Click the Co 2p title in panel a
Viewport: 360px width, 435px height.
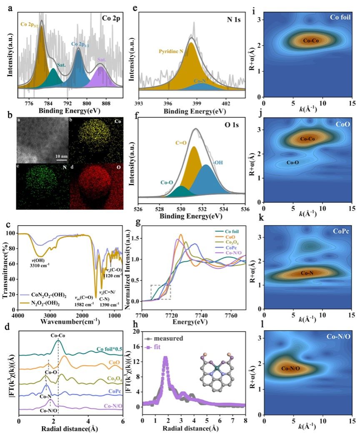pos(111,19)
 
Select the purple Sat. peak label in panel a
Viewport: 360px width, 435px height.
pos(101,60)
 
